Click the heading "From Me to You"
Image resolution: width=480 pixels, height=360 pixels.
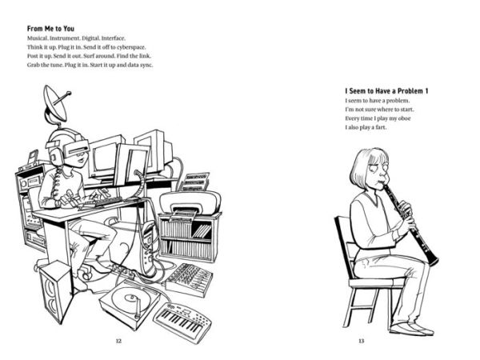point(50,29)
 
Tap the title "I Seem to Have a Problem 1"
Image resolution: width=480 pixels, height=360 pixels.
point(386,91)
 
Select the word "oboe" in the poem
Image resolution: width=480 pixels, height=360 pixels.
point(404,118)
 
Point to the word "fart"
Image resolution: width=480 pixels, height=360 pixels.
point(380,127)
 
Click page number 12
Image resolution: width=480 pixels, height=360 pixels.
point(118,341)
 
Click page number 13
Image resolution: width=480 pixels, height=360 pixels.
point(362,341)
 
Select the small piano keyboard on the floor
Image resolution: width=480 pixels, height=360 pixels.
point(182,322)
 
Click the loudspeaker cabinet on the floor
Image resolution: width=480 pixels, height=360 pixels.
point(57,291)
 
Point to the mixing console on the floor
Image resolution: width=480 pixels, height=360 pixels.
point(189,279)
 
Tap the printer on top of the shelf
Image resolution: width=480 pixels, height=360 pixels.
point(190,202)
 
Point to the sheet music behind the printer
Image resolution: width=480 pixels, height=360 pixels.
point(194,182)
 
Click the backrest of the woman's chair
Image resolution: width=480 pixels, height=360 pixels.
point(344,245)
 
